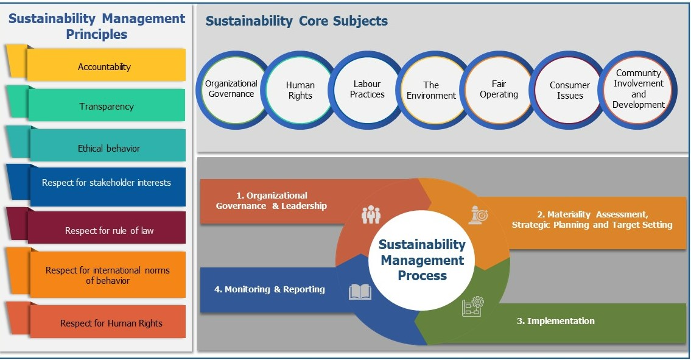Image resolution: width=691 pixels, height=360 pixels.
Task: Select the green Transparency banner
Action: pos(107,105)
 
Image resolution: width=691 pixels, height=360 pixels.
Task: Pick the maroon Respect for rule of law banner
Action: pos(107,227)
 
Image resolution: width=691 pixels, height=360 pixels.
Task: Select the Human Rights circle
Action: pos(300,90)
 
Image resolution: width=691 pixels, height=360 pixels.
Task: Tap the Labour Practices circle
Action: pos(367,90)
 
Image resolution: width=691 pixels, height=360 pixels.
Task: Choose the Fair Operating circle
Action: pos(499,90)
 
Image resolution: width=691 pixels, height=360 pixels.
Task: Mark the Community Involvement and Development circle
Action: pos(637,90)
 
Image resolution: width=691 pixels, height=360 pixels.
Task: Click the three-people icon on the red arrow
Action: pos(371,214)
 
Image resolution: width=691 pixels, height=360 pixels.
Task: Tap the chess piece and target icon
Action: pos(478,216)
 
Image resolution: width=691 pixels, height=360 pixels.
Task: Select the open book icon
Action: pos(360,292)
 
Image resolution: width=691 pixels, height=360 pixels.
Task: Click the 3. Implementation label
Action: pos(556,321)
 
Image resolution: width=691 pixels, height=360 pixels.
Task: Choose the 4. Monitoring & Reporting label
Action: pos(270,289)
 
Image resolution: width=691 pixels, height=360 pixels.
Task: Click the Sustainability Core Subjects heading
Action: pos(296,21)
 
